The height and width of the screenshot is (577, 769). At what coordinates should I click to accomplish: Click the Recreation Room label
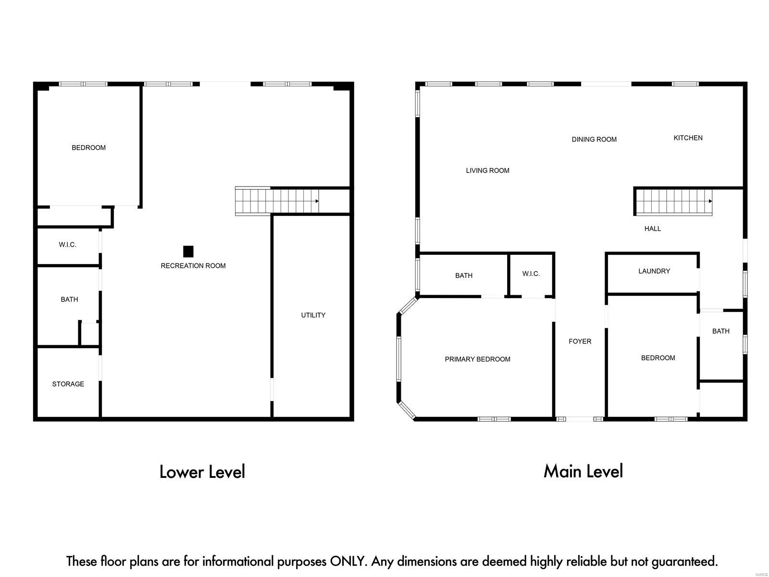pos(193,265)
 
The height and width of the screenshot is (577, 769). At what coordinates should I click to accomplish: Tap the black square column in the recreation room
pos(188,251)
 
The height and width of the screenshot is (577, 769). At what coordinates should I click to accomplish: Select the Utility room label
pos(313,315)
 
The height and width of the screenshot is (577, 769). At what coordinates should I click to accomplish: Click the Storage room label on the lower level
pos(68,384)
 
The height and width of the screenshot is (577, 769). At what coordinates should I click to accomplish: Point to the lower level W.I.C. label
pos(67,245)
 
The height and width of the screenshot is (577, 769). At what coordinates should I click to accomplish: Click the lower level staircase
pos(276,201)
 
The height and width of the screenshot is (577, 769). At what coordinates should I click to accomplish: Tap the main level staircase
pos(674,201)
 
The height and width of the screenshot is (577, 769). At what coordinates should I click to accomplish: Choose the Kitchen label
pos(688,138)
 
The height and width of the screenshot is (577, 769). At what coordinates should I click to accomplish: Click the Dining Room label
pos(594,139)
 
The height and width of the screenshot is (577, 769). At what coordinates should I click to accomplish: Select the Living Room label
pos(487,170)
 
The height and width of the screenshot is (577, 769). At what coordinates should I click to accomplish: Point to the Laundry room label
pos(654,271)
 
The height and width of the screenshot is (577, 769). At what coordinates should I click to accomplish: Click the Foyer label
pos(580,341)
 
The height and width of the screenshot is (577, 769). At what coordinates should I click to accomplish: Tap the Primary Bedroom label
pos(477,359)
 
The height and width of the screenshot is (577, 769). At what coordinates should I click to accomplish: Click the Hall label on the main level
pos(652,229)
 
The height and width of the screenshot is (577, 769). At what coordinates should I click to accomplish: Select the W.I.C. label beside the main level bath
pos(531,274)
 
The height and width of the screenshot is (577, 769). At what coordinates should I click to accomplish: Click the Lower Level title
pos(202,472)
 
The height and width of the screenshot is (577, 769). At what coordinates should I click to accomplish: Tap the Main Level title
pos(583,471)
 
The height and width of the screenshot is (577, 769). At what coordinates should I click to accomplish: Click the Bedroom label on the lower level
pos(88,148)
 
